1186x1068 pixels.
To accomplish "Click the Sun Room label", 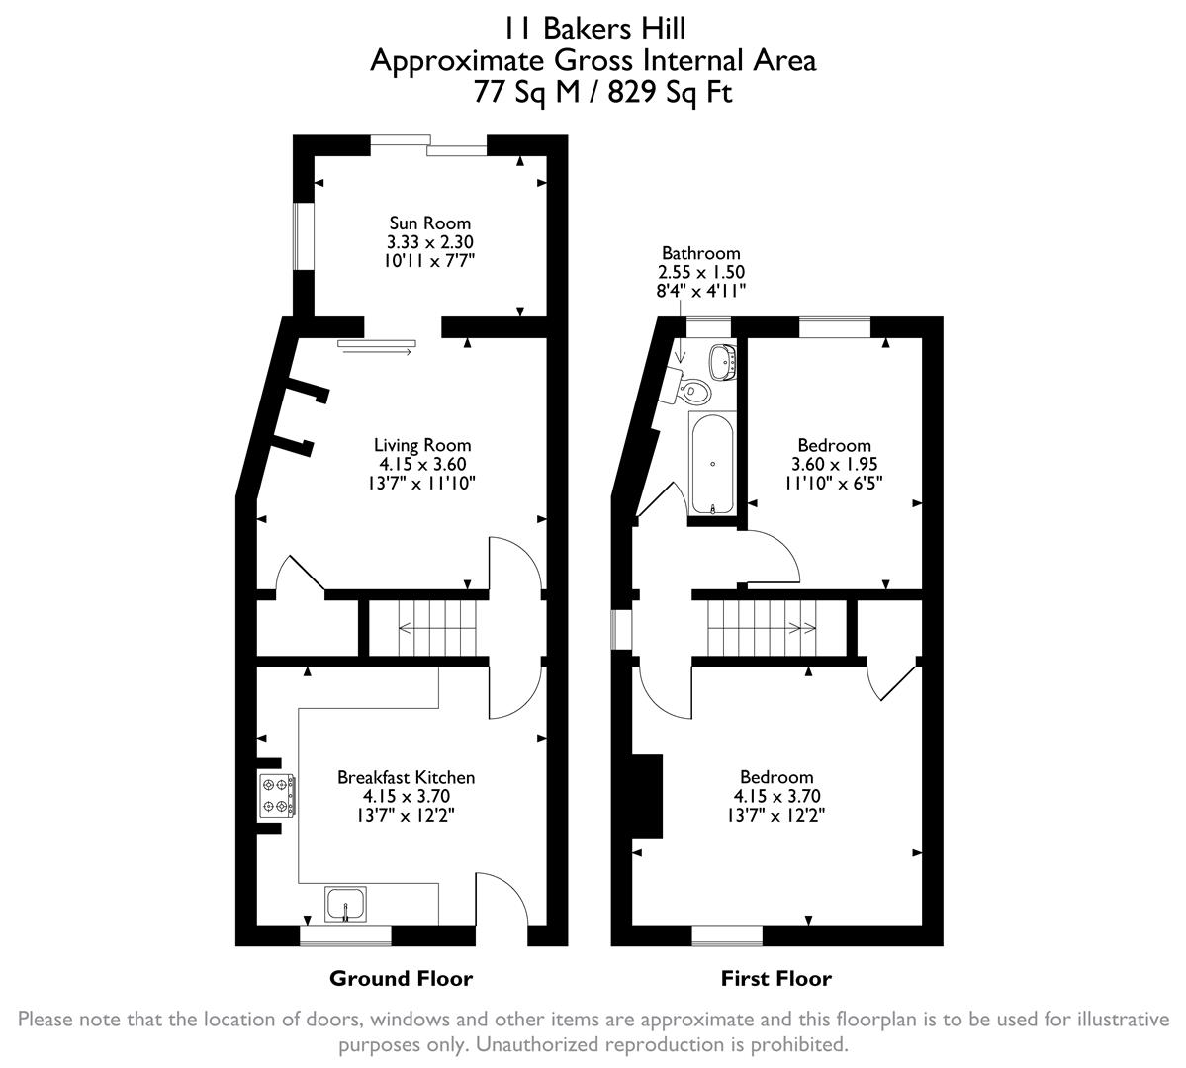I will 429,223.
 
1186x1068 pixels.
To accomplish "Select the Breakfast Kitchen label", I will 406,777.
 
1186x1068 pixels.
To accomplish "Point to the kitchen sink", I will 345,904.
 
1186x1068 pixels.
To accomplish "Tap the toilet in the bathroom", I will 695,392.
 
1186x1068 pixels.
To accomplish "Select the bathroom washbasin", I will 725,361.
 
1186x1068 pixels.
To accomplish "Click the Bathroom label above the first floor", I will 700,254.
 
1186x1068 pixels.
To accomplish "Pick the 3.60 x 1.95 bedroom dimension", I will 834,464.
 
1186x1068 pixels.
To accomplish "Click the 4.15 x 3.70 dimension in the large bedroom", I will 776,796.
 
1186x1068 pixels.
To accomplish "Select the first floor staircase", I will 762,626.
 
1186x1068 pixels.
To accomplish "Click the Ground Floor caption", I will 401,979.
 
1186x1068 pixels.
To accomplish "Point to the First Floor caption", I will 775,979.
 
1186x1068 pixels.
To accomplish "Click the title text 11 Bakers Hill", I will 593,27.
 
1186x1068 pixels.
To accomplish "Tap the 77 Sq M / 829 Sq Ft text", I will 593,94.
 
